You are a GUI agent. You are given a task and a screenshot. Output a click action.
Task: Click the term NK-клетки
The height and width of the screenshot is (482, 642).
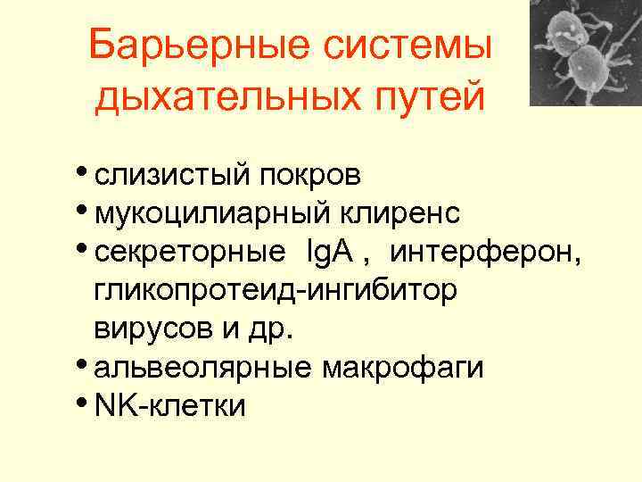169,406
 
